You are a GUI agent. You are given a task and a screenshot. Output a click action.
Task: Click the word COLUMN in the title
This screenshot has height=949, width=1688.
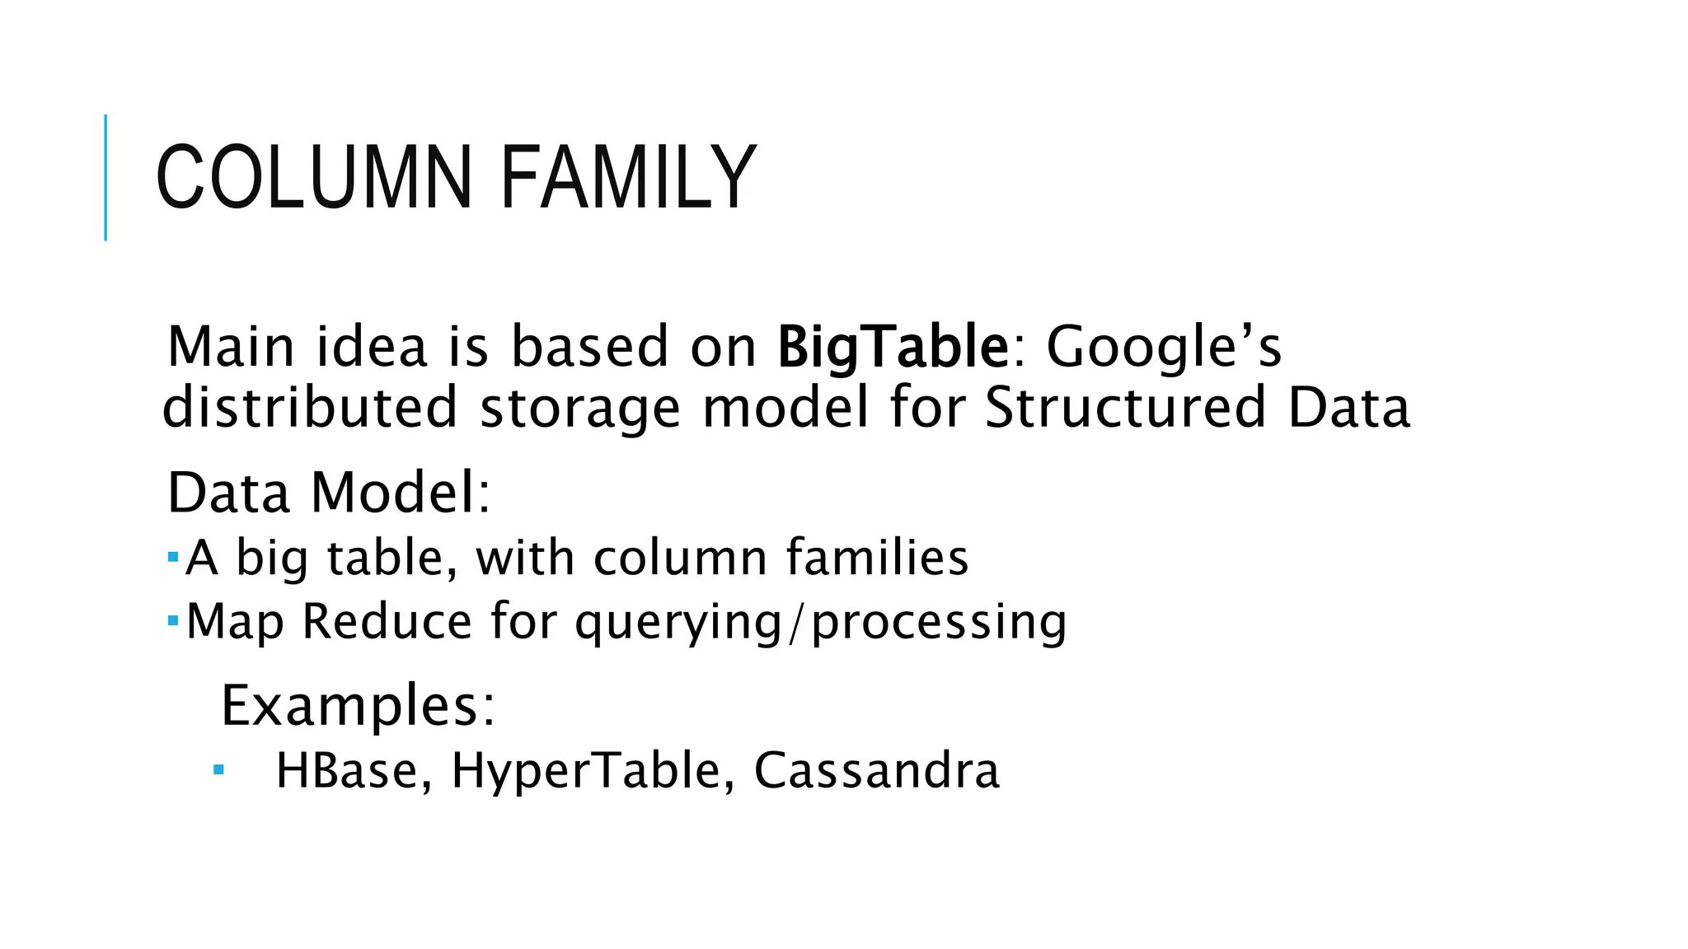click(314, 178)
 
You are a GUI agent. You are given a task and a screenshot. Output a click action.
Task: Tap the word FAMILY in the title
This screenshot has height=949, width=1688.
click(628, 178)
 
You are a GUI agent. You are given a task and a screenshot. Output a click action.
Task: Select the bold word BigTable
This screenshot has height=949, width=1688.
click(893, 347)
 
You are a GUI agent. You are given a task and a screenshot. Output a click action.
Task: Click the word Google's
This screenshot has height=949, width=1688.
click(1164, 347)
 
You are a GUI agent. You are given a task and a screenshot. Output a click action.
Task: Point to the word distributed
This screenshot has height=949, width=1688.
click(310, 407)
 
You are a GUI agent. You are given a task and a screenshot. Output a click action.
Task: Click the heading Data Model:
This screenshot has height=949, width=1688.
click(329, 493)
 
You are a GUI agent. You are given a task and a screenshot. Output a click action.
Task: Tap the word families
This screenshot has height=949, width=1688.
click(877, 558)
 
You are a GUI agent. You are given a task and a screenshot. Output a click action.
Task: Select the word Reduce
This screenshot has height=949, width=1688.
click(387, 621)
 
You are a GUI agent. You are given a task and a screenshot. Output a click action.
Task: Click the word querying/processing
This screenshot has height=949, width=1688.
click(821, 623)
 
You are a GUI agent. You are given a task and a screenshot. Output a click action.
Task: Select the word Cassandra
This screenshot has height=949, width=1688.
click(876, 771)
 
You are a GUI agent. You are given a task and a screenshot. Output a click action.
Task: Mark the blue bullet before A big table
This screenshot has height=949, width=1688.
click(172, 557)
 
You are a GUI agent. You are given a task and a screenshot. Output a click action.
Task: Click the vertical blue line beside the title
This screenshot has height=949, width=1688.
click(105, 177)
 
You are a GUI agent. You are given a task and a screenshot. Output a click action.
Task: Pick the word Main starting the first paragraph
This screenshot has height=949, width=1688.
click(231, 347)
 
